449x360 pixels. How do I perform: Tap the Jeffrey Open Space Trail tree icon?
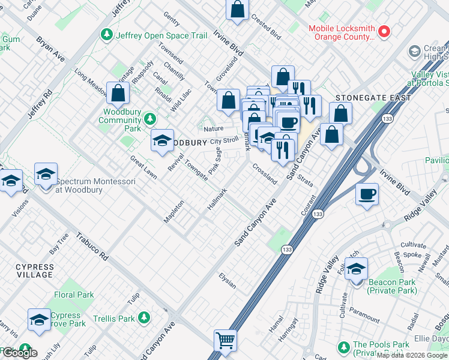(x=107, y=35)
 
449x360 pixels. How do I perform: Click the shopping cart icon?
(x=225, y=341)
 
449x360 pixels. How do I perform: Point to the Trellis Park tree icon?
(x=144, y=317)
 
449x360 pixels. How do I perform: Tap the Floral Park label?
(x=74, y=295)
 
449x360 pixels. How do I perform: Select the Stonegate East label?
(x=373, y=98)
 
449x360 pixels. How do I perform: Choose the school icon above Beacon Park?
(x=356, y=268)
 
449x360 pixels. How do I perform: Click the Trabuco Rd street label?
(x=92, y=247)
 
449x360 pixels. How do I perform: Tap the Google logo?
(x=19, y=353)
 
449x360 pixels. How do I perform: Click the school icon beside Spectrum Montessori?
(x=46, y=175)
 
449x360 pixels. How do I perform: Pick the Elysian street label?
(x=228, y=281)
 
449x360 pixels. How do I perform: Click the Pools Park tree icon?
(x=343, y=347)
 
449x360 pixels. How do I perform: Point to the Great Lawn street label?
(x=143, y=166)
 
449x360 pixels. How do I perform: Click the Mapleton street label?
(x=173, y=212)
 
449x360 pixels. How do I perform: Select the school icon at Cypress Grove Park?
(x=39, y=319)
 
